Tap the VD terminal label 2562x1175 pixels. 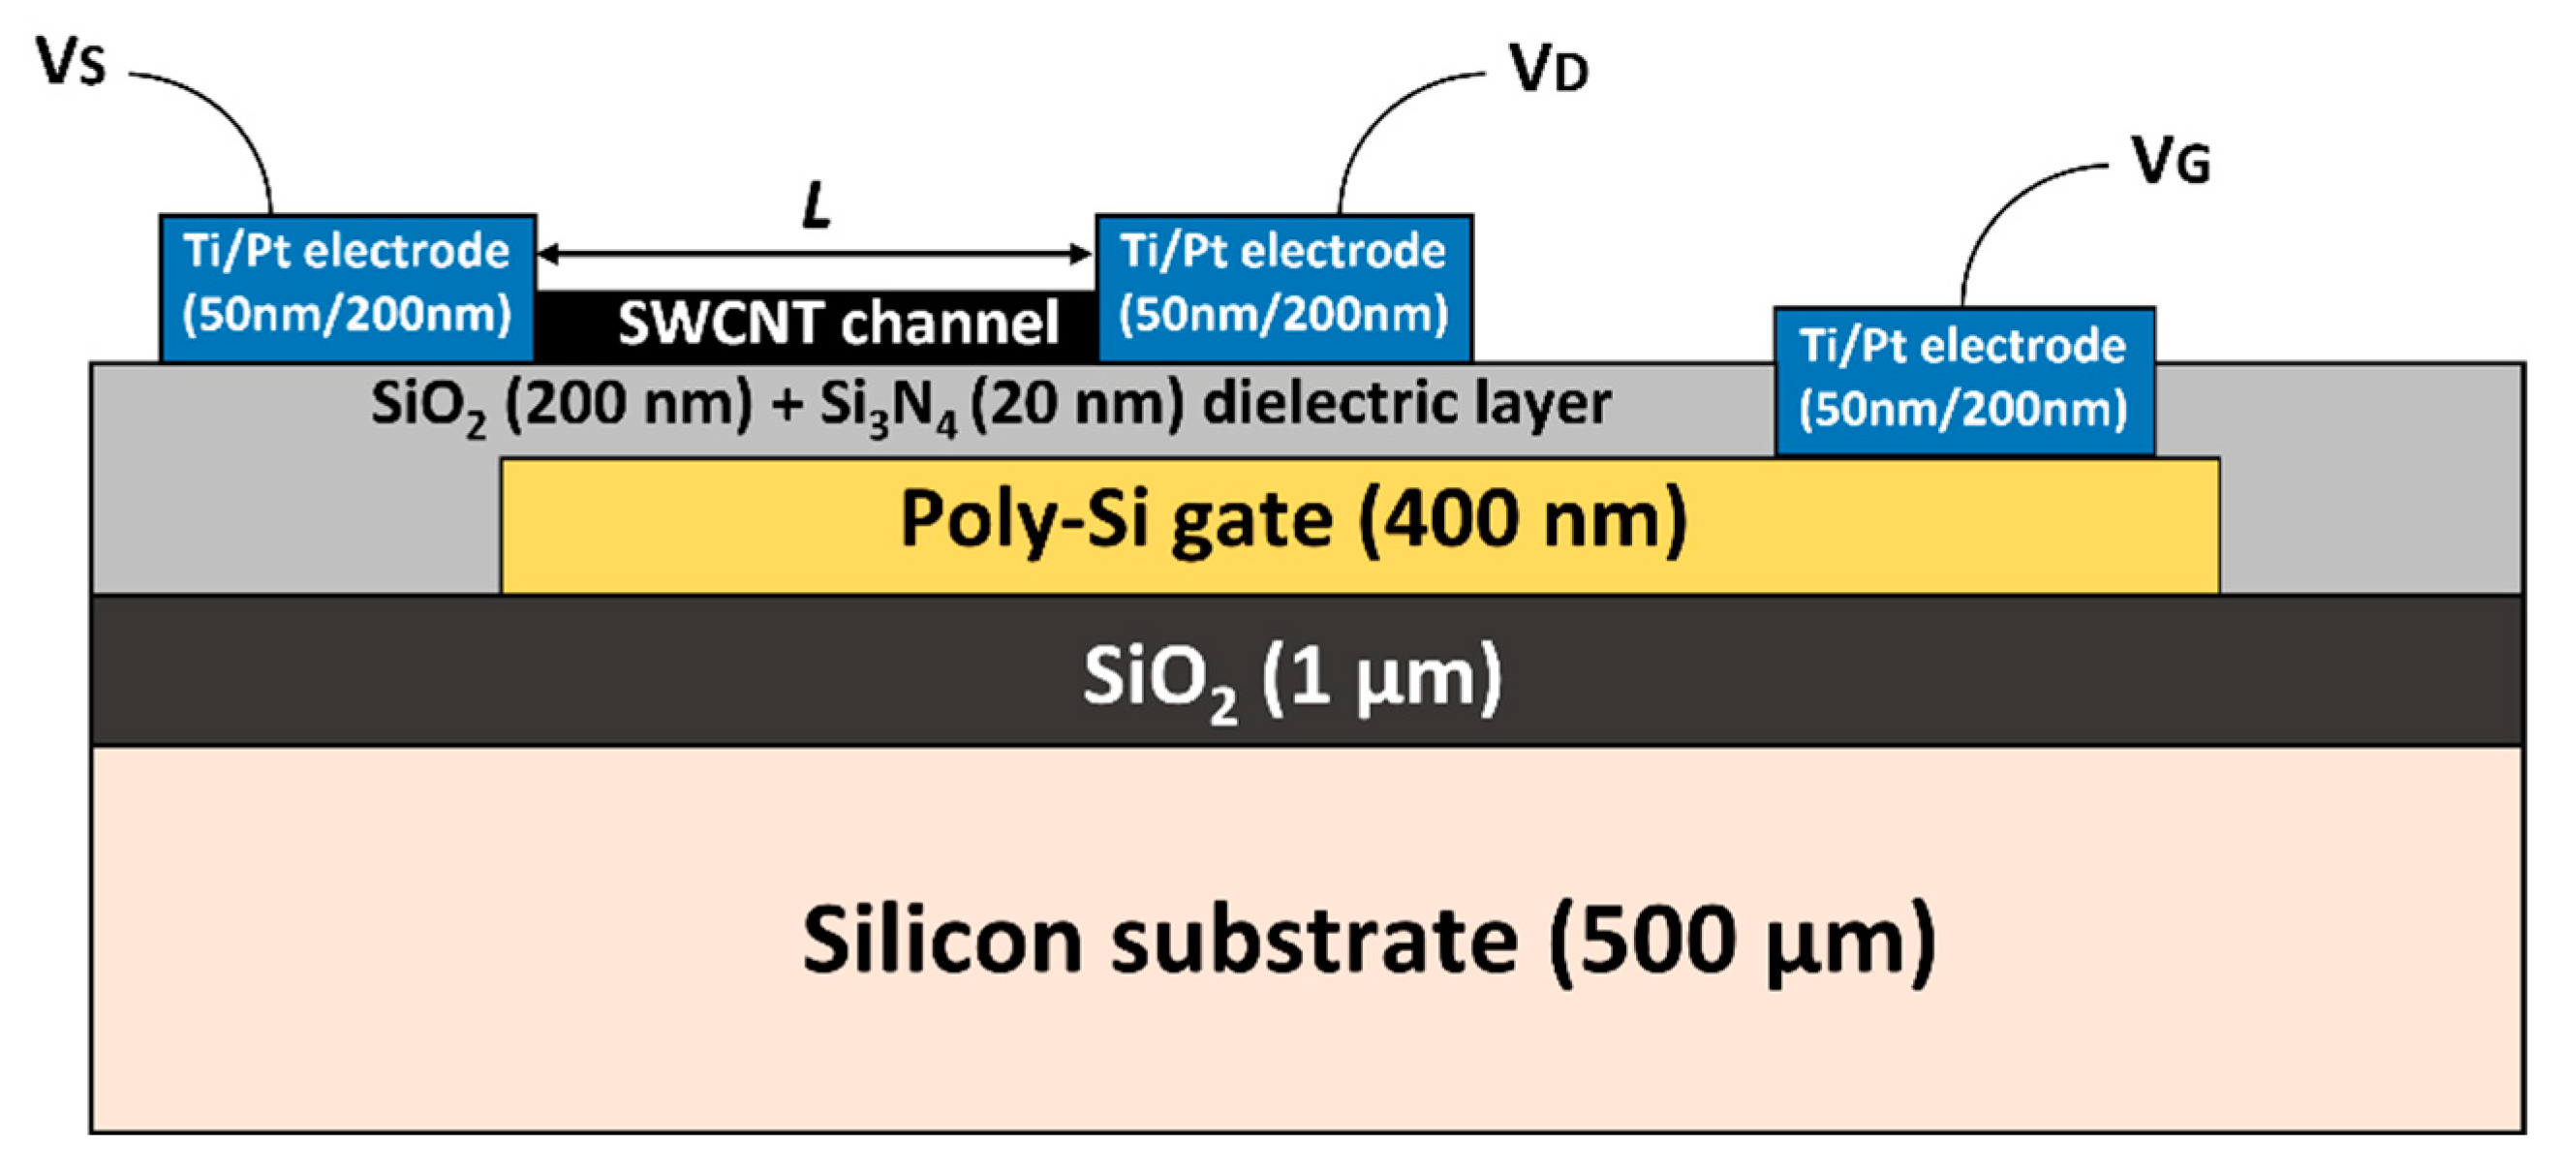click(x=1548, y=70)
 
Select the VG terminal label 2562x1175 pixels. click(x=2171, y=161)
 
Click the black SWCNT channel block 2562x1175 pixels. click(x=816, y=325)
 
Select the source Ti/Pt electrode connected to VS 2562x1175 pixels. click(x=347, y=286)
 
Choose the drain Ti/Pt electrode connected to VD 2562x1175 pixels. click(x=1283, y=286)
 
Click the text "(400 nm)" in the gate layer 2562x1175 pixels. click(x=1522, y=519)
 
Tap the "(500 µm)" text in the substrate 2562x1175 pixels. click(x=1741, y=941)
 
